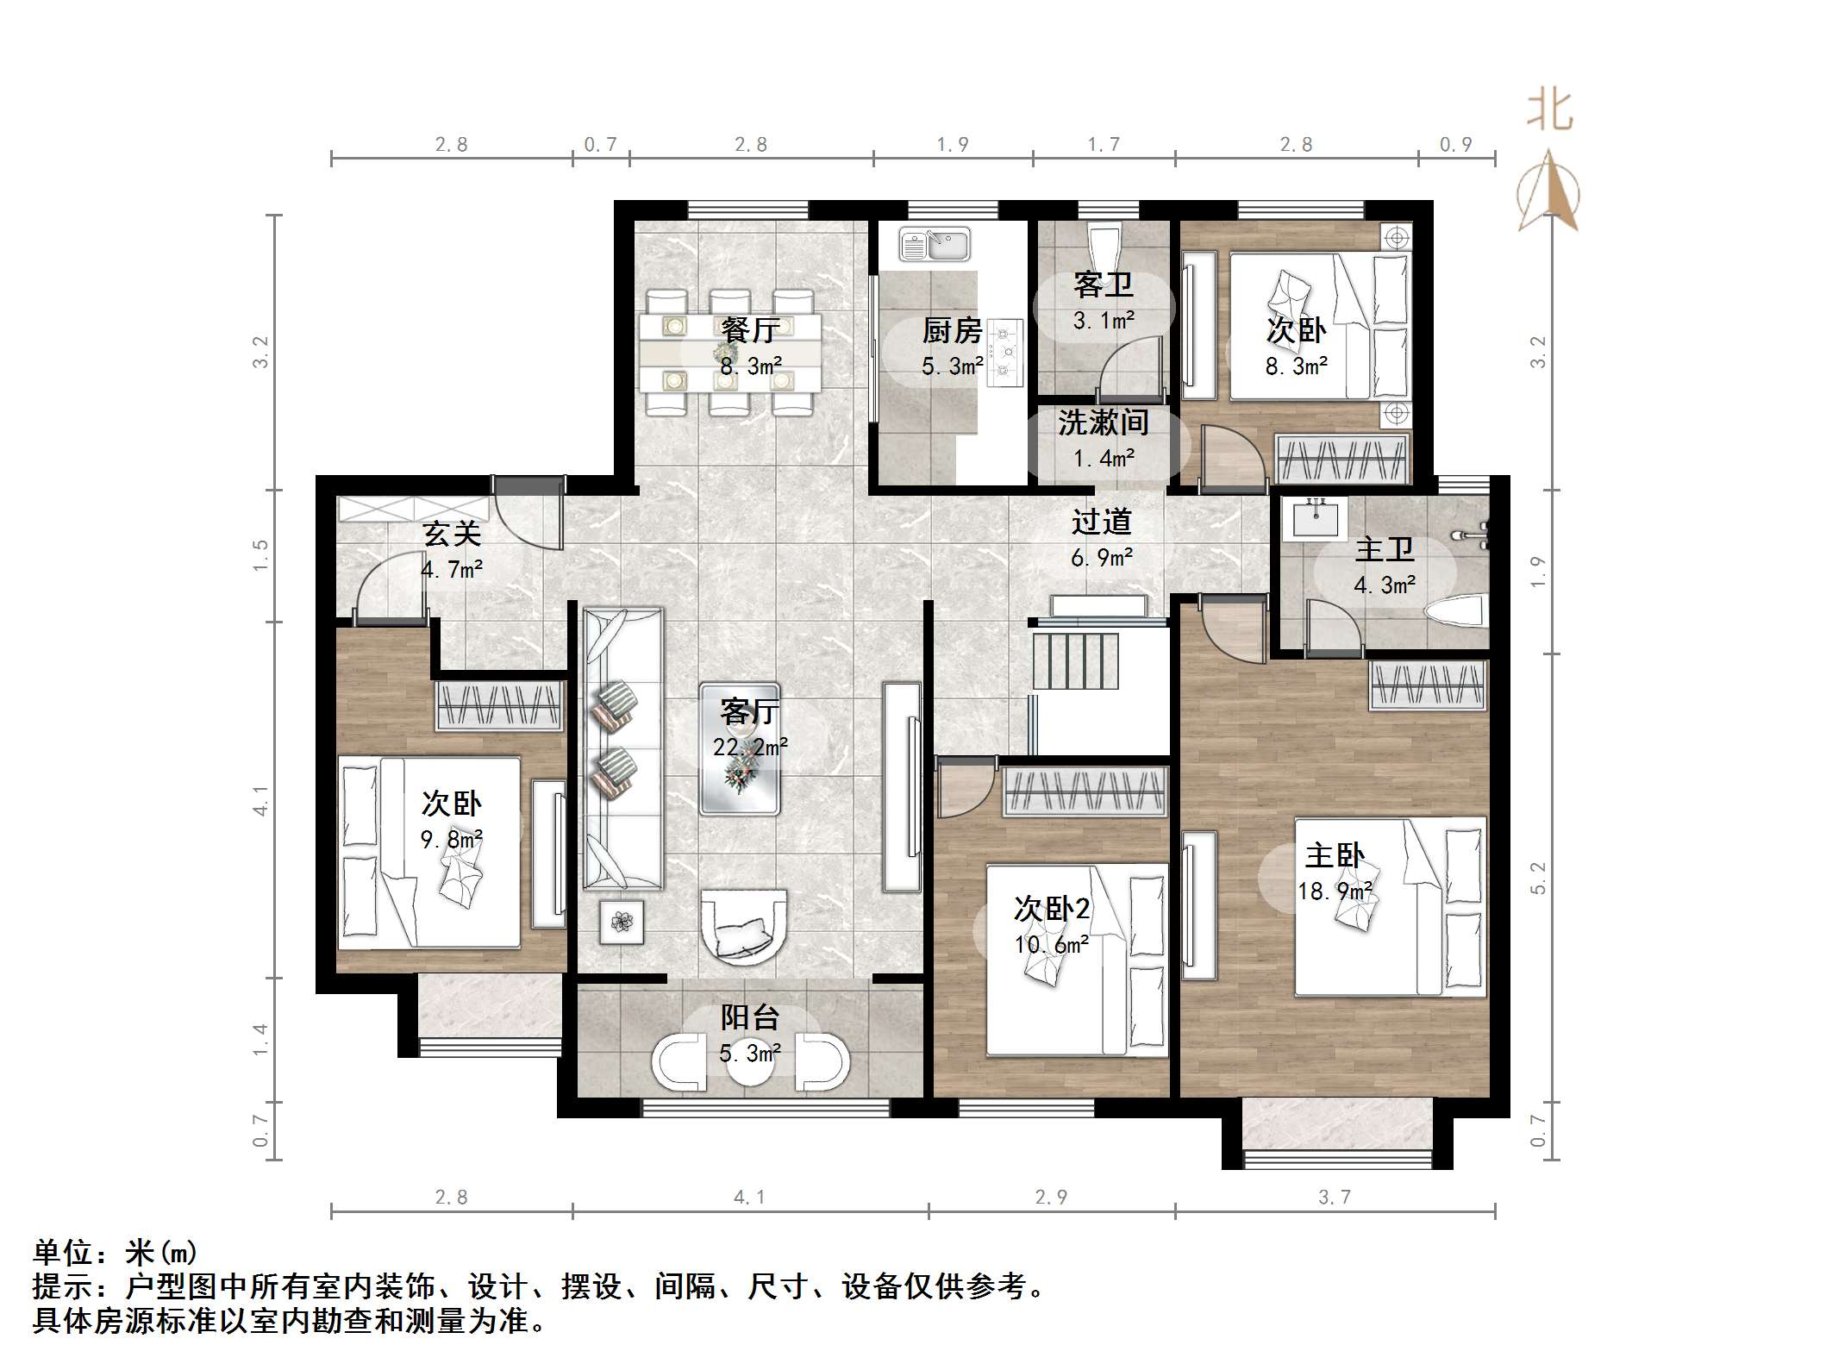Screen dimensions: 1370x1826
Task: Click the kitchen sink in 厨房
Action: pos(935,244)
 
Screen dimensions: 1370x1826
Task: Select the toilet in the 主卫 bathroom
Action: pos(1455,614)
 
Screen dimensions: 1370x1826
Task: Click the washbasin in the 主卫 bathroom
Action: pos(1314,520)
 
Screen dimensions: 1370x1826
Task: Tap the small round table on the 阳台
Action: pos(750,1065)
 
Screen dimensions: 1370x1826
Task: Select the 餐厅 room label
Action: pos(750,330)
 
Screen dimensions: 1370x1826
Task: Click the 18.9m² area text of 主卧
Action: pos(1335,891)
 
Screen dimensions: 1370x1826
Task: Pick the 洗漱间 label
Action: pos(1103,423)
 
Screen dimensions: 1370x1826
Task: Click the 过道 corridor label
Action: pos(1101,522)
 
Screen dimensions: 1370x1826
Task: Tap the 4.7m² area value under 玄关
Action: pos(451,570)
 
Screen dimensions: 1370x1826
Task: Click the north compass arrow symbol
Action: pos(1548,191)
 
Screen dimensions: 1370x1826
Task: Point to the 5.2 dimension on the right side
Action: pos(1539,878)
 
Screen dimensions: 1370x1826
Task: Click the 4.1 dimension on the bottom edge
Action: pos(749,1197)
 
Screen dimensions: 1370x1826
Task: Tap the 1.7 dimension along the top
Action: pos(1104,144)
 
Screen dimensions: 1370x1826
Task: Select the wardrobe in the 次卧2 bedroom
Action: pos(1084,791)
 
